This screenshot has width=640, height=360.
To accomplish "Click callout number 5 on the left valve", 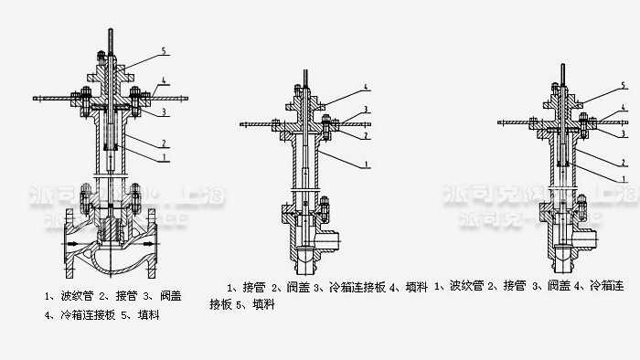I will tap(163, 48).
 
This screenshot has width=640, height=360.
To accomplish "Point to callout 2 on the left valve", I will tap(163, 143).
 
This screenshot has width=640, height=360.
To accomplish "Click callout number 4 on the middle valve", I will tap(365, 87).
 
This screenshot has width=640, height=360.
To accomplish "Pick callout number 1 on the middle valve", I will tap(365, 164).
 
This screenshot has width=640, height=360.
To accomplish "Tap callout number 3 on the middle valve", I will tap(365, 109).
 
